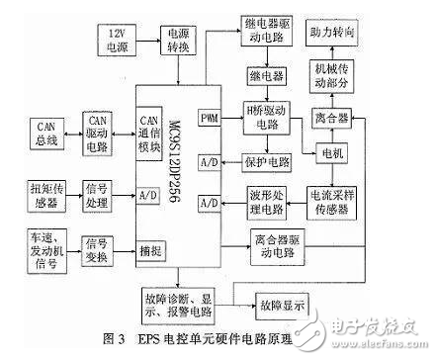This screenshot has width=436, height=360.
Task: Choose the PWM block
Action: pyautogui.click(x=210, y=119)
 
